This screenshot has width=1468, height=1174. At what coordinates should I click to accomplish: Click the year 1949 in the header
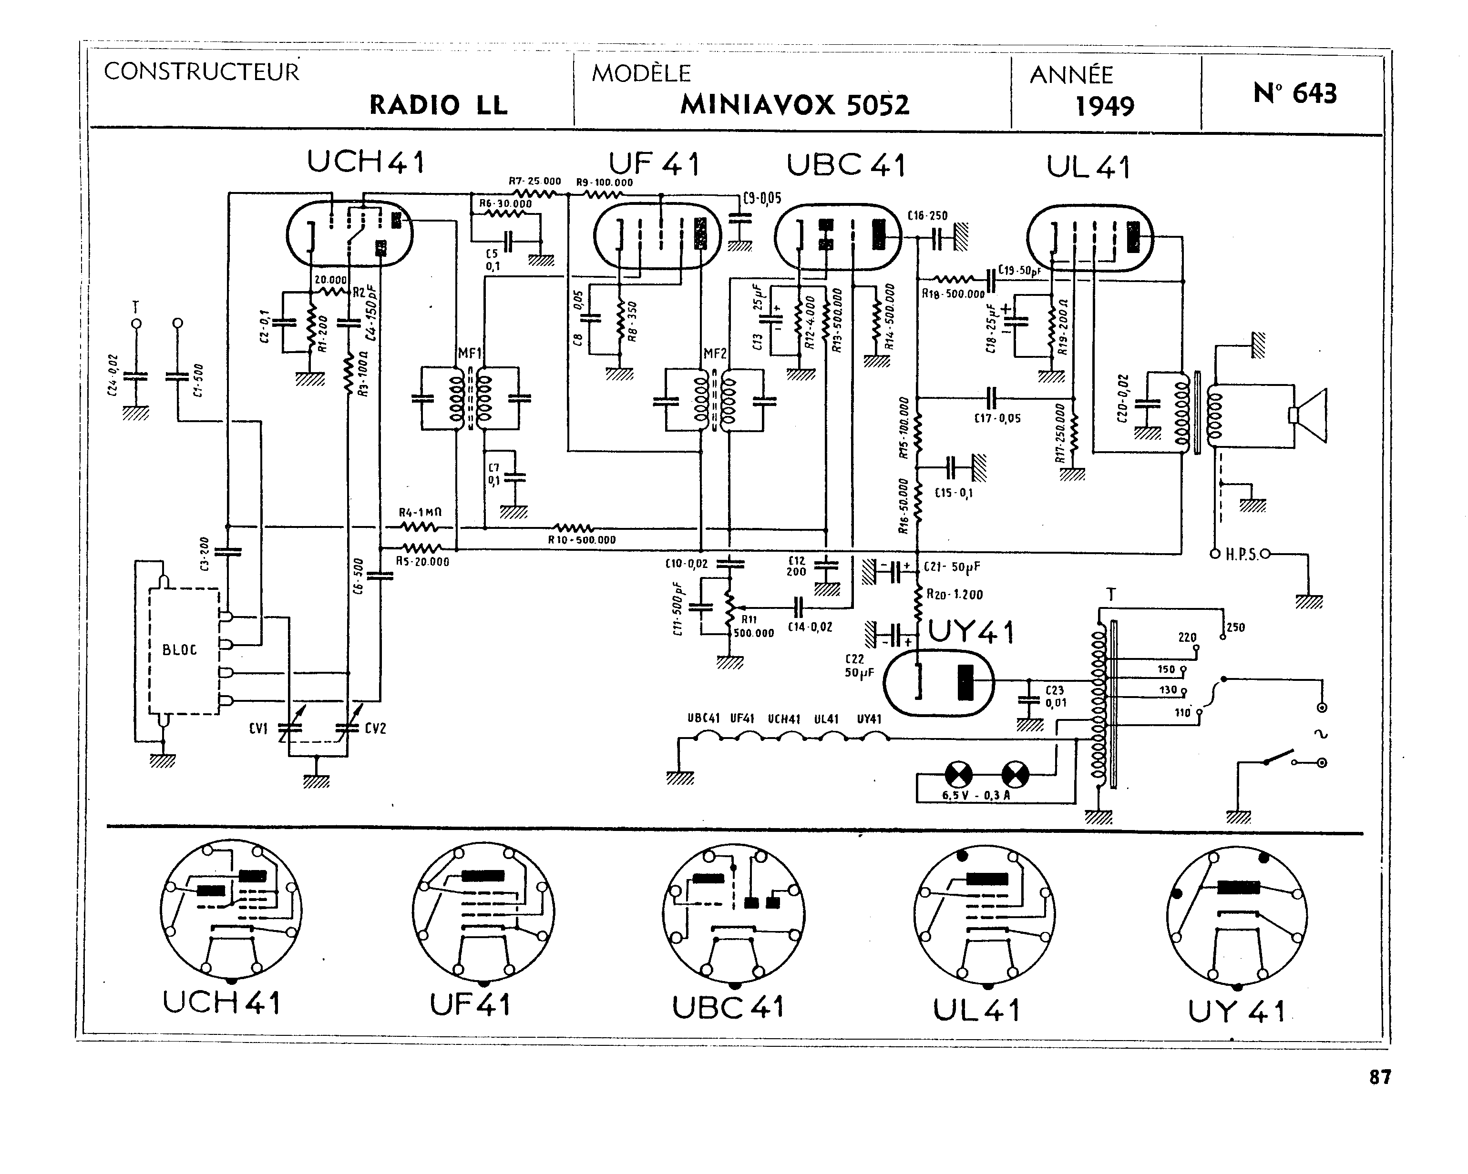[x=1104, y=106]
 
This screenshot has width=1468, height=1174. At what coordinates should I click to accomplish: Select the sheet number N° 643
[x=1294, y=93]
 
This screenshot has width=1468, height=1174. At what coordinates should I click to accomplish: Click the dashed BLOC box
[x=184, y=651]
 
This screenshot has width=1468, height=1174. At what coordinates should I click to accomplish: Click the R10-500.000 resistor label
[x=582, y=540]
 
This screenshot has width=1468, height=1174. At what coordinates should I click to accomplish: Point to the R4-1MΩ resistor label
[x=420, y=513]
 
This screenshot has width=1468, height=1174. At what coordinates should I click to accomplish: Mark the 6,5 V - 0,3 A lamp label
[x=975, y=795]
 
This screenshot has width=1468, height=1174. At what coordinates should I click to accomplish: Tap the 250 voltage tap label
[x=1235, y=627]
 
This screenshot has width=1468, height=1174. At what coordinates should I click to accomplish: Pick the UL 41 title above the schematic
[x=1088, y=167]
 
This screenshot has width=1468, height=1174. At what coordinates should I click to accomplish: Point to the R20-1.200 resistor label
[x=954, y=594]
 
